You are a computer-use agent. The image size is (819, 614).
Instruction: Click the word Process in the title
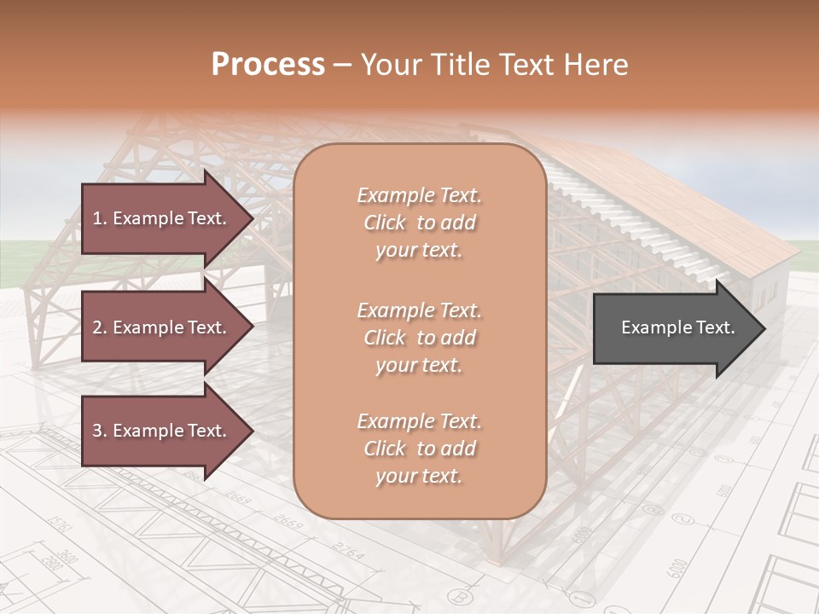pos(268,64)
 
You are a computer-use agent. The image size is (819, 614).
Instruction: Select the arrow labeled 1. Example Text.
pos(162,218)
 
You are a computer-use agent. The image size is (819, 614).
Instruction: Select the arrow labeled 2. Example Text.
pos(162,327)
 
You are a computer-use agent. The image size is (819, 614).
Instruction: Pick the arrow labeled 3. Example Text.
pos(162,431)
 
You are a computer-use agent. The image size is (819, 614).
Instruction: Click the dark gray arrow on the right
pos(674,327)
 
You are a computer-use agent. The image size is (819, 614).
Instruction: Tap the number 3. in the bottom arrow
pos(99,431)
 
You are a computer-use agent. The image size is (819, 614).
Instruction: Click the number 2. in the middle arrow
pos(99,327)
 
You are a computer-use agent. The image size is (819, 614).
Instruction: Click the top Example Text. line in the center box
pos(419,195)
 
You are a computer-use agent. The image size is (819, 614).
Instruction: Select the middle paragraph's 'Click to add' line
pos(419,338)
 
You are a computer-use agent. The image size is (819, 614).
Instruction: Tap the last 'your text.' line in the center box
pos(419,476)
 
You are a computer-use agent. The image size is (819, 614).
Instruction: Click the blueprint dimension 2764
pos(347,550)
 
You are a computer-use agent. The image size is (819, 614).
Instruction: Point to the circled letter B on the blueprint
pos(462,596)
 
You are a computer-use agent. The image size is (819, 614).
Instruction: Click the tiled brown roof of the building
pos(674,205)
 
